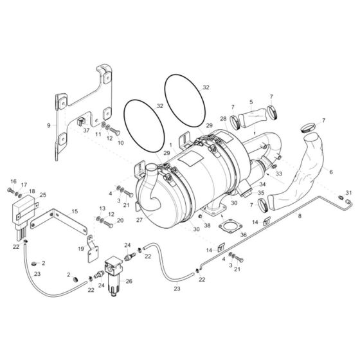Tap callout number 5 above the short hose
click(251, 101)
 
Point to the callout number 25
click(43, 194)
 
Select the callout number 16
click(12, 181)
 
